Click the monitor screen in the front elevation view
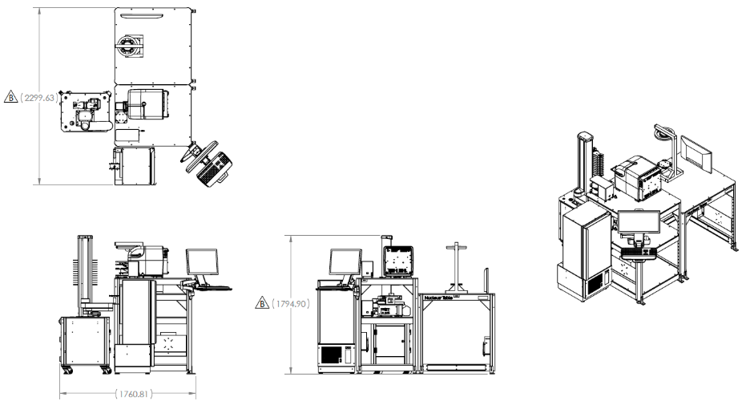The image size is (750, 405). [x=345, y=262]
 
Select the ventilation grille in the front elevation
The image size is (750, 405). [x=331, y=354]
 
